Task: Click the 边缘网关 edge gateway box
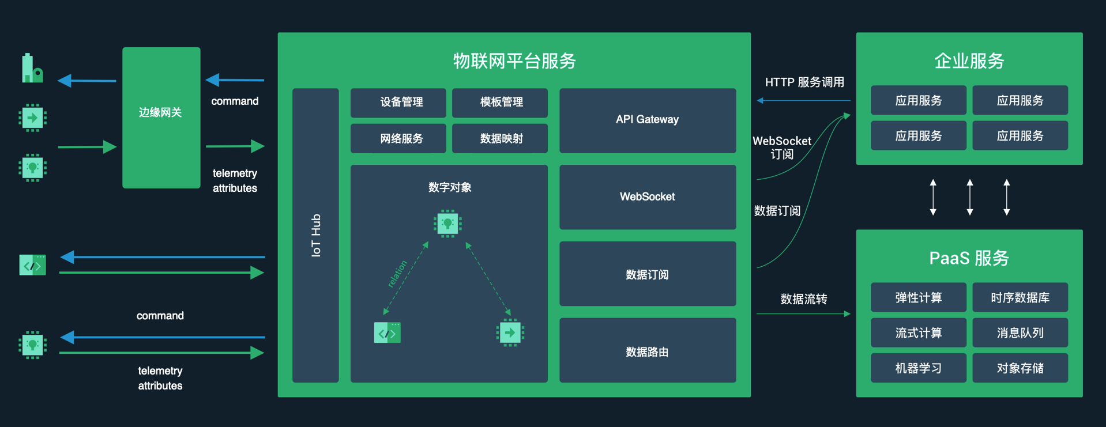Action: click(161, 118)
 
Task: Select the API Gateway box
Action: click(647, 120)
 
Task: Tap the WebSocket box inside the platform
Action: click(647, 197)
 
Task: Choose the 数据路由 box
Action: click(647, 350)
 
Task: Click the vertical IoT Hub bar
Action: click(315, 235)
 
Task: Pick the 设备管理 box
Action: click(398, 103)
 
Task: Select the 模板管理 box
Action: click(499, 103)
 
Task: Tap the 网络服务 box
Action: click(398, 138)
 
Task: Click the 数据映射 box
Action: click(499, 138)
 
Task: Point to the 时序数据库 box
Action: click(1020, 297)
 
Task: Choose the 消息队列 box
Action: click(1020, 332)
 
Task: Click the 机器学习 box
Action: click(918, 368)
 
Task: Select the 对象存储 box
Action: click(1020, 368)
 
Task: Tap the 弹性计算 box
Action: click(918, 297)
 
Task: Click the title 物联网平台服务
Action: click(514, 61)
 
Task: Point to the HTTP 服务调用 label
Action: click(804, 82)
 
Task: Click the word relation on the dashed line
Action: click(397, 274)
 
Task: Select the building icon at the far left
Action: click(32, 69)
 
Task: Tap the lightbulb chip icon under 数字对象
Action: click(447, 224)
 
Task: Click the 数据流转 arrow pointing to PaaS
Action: click(803, 313)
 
